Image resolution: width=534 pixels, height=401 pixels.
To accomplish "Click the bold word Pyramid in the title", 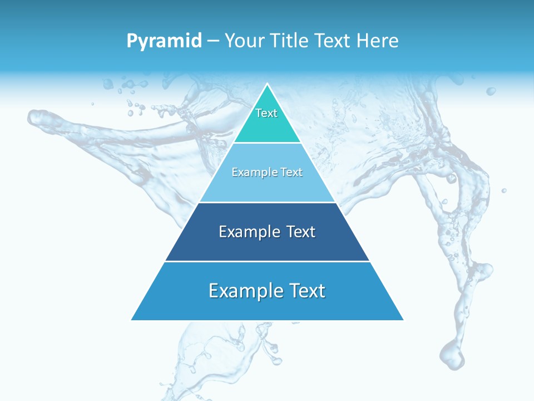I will pos(164,41).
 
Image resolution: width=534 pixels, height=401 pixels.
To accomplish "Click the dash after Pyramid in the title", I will pos(213,41).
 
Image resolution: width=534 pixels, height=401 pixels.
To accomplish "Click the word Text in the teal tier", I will pos(266,114).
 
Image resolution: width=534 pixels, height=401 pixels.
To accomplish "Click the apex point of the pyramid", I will pos(267,85).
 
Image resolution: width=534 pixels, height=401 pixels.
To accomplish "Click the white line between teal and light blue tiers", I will pos(267,143).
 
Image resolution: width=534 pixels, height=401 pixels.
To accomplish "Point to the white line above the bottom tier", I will pos(267,261).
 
